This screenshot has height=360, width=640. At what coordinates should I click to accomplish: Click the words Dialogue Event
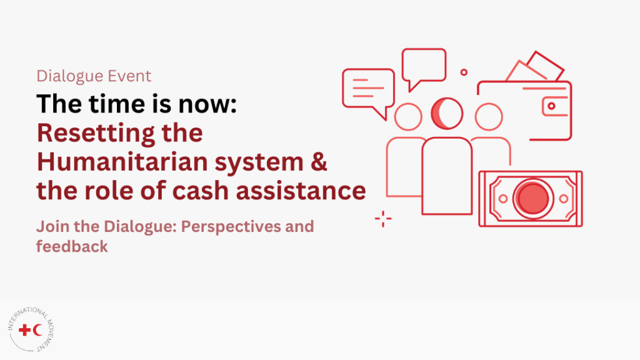[94, 76]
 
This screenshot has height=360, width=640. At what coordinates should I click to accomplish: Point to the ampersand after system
[319, 162]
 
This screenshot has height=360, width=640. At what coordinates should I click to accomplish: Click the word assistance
[301, 191]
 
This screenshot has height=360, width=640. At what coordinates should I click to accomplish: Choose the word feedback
[72, 246]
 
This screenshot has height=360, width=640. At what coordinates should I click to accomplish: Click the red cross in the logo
[25, 330]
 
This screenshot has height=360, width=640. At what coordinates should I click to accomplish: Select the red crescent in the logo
[38, 330]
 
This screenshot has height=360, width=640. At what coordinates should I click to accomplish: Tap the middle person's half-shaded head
[447, 114]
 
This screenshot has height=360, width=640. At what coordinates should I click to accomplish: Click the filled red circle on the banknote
[532, 199]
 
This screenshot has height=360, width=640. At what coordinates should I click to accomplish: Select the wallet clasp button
[551, 106]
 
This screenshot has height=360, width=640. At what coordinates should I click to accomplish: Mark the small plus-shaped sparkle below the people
[383, 219]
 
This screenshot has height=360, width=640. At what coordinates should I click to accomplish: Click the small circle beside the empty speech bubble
[464, 72]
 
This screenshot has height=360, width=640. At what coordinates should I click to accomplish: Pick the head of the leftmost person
[408, 117]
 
